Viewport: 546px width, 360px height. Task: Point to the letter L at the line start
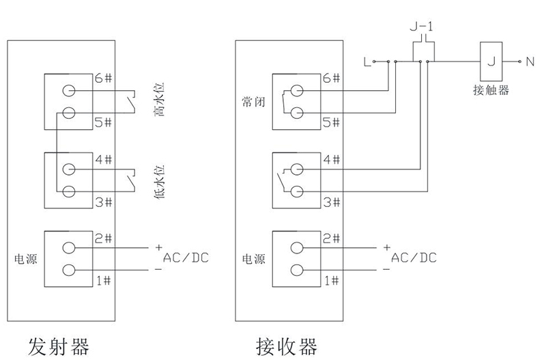point(368,64)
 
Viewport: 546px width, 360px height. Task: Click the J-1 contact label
point(421,27)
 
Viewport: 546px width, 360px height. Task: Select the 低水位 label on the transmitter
point(158,181)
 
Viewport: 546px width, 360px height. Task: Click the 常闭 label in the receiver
point(253,101)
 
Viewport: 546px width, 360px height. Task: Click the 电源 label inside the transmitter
point(26,260)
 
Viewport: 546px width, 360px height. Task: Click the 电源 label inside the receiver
point(253,260)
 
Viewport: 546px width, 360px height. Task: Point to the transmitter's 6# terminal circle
point(69,91)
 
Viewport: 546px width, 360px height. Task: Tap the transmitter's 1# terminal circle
point(69,269)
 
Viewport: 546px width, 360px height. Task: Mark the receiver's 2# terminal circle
point(296,248)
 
